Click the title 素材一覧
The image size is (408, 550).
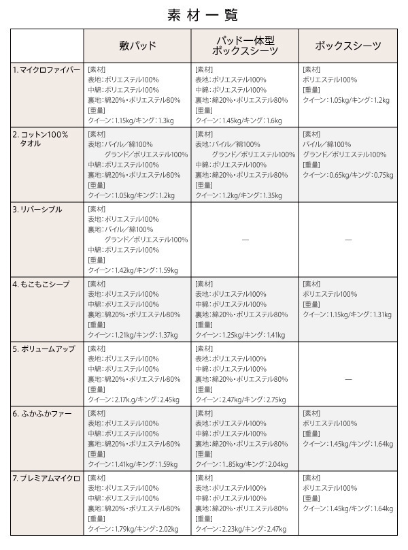tap(203, 14)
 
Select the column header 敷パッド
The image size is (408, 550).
tap(137, 46)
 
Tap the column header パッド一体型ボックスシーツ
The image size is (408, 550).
tap(245, 46)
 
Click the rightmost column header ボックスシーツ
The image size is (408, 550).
tap(347, 46)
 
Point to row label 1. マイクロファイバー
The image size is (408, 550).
tap(46, 70)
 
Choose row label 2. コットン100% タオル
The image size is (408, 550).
tap(41, 139)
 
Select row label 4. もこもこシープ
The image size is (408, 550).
tap(41, 284)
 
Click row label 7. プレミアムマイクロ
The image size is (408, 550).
tap(46, 479)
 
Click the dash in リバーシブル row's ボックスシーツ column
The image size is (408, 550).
tap(347, 240)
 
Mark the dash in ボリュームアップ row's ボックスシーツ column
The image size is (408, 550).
tap(347, 378)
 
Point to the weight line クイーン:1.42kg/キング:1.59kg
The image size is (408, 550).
tap(133, 271)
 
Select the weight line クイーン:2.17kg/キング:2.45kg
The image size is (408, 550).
tap(133, 400)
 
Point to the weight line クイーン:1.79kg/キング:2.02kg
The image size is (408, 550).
tap(133, 530)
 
